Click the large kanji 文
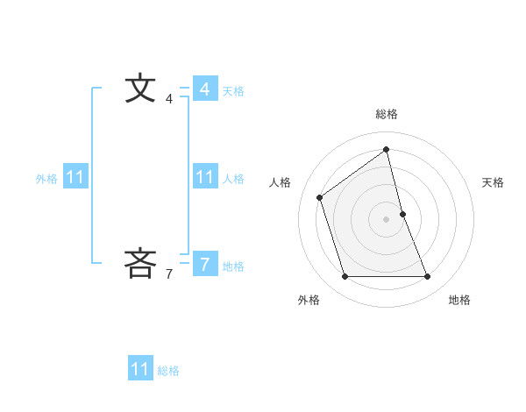tap(140, 89)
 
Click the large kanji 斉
tap(140, 263)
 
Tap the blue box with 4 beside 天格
tap(204, 89)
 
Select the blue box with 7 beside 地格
tap(204, 263)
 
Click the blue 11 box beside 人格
tap(204, 177)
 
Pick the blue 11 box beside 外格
tap(75, 177)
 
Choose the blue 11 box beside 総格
tap(139, 369)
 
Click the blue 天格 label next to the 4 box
tap(233, 90)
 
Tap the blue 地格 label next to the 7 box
tap(233, 266)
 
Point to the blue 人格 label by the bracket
tap(233, 178)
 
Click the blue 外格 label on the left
tap(46, 178)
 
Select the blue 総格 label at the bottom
tap(168, 370)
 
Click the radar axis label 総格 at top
tap(387, 114)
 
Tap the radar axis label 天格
tap(493, 182)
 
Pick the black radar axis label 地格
tap(459, 301)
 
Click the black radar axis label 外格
tap(309, 301)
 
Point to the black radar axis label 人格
tap(280, 182)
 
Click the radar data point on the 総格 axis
tap(387, 149)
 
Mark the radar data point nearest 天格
tap(402, 214)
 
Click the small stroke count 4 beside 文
tap(169, 99)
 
